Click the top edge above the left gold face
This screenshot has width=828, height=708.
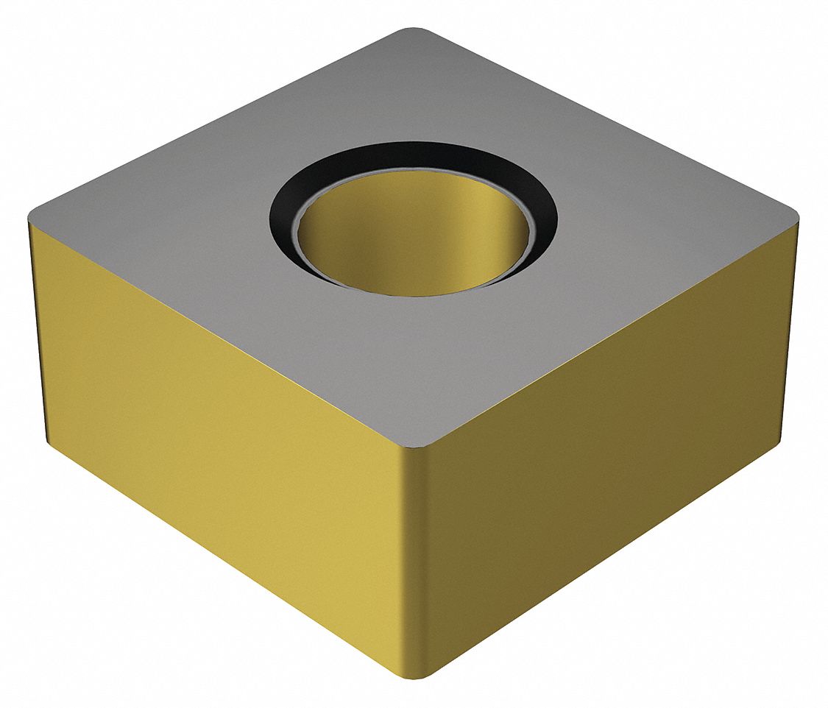[221, 331]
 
